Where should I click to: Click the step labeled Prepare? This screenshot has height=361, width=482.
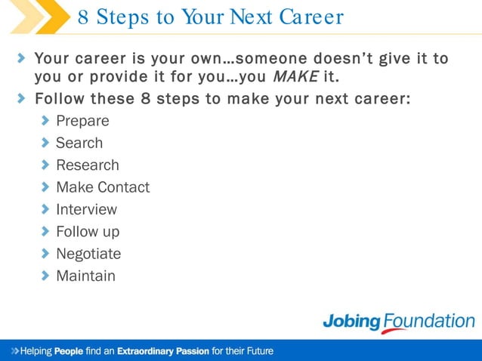[82, 121]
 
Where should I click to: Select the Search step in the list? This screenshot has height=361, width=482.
[79, 143]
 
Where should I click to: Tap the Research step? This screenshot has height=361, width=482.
[88, 165]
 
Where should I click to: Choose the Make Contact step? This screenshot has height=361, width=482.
[103, 187]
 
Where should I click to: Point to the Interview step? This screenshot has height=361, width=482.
[87, 209]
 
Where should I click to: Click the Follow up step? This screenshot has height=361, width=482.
[88, 231]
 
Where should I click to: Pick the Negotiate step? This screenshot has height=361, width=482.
[88, 254]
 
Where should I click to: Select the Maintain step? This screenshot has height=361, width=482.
[86, 276]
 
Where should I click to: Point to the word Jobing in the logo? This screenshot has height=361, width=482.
[353, 321]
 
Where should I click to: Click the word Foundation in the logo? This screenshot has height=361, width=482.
[428, 321]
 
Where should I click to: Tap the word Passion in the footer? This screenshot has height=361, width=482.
[193, 351]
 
